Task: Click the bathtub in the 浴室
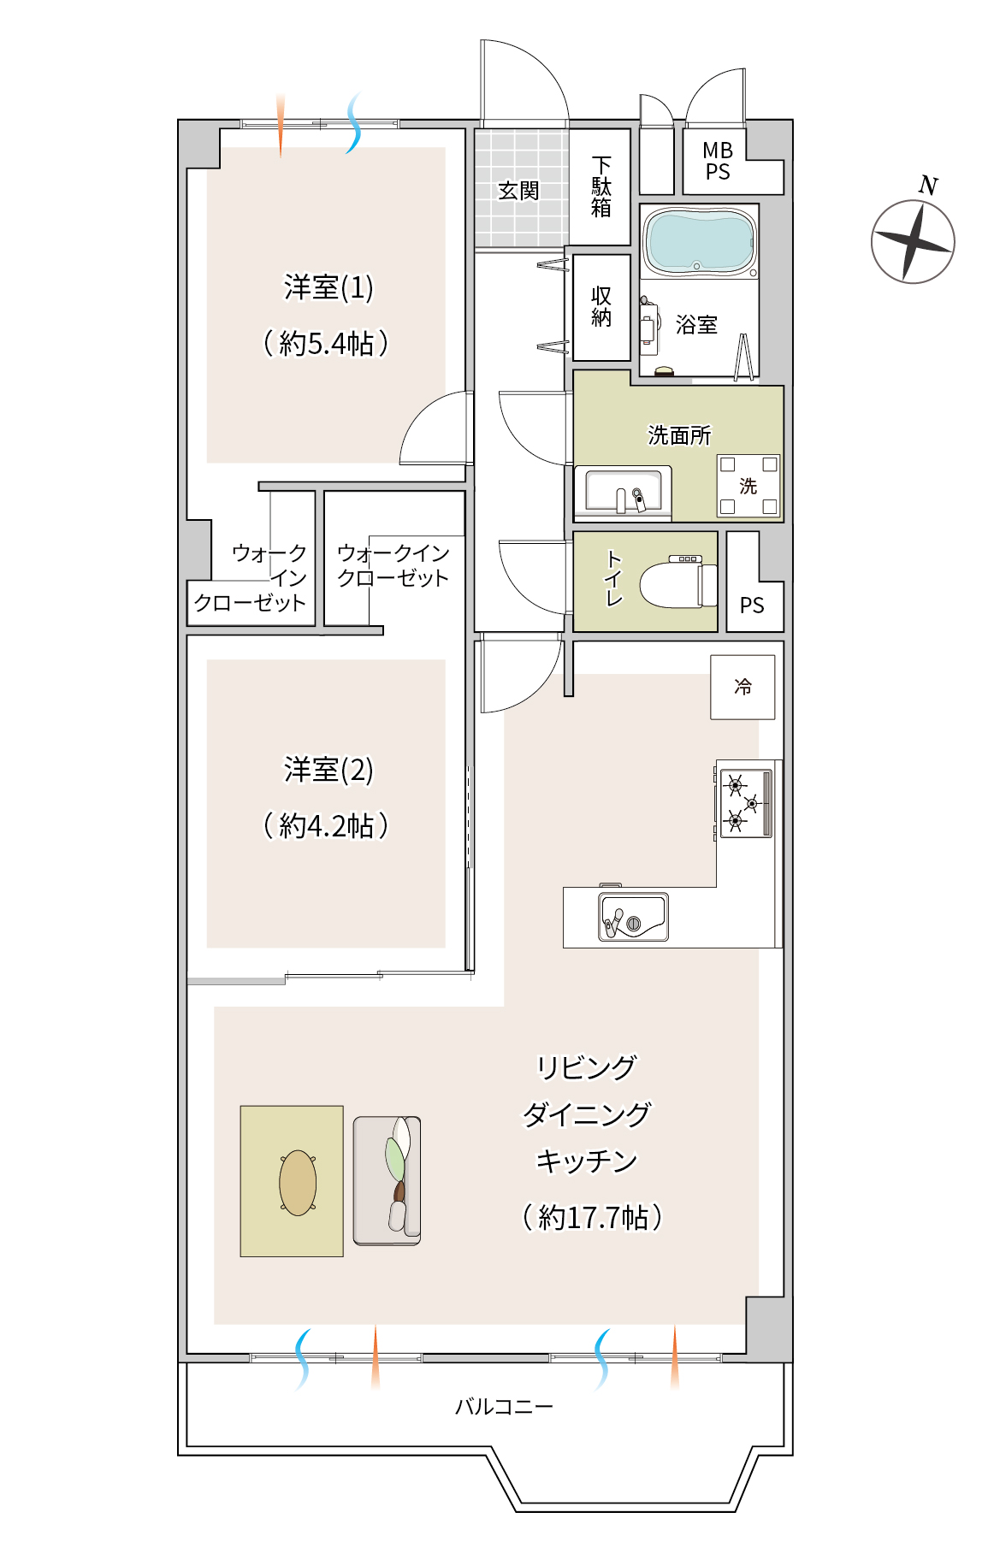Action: point(699,241)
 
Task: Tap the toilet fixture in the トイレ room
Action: point(677,582)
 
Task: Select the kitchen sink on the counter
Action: point(633,916)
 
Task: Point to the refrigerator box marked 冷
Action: point(743,687)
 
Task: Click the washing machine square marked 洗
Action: point(748,486)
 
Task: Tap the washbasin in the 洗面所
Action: point(623,493)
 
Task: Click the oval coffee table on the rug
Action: point(298,1182)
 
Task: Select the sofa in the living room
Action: point(388,1180)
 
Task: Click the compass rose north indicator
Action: point(913,240)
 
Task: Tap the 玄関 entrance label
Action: point(519,190)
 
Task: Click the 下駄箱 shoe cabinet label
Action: point(601,186)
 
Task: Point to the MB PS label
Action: point(718,161)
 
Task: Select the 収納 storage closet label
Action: point(601,306)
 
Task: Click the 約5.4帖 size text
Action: point(326,343)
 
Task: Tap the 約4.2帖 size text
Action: point(326,825)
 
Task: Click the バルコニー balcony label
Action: point(504,1406)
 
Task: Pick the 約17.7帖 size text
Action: point(593,1216)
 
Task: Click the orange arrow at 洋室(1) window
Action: point(281,125)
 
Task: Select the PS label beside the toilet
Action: point(752,606)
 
